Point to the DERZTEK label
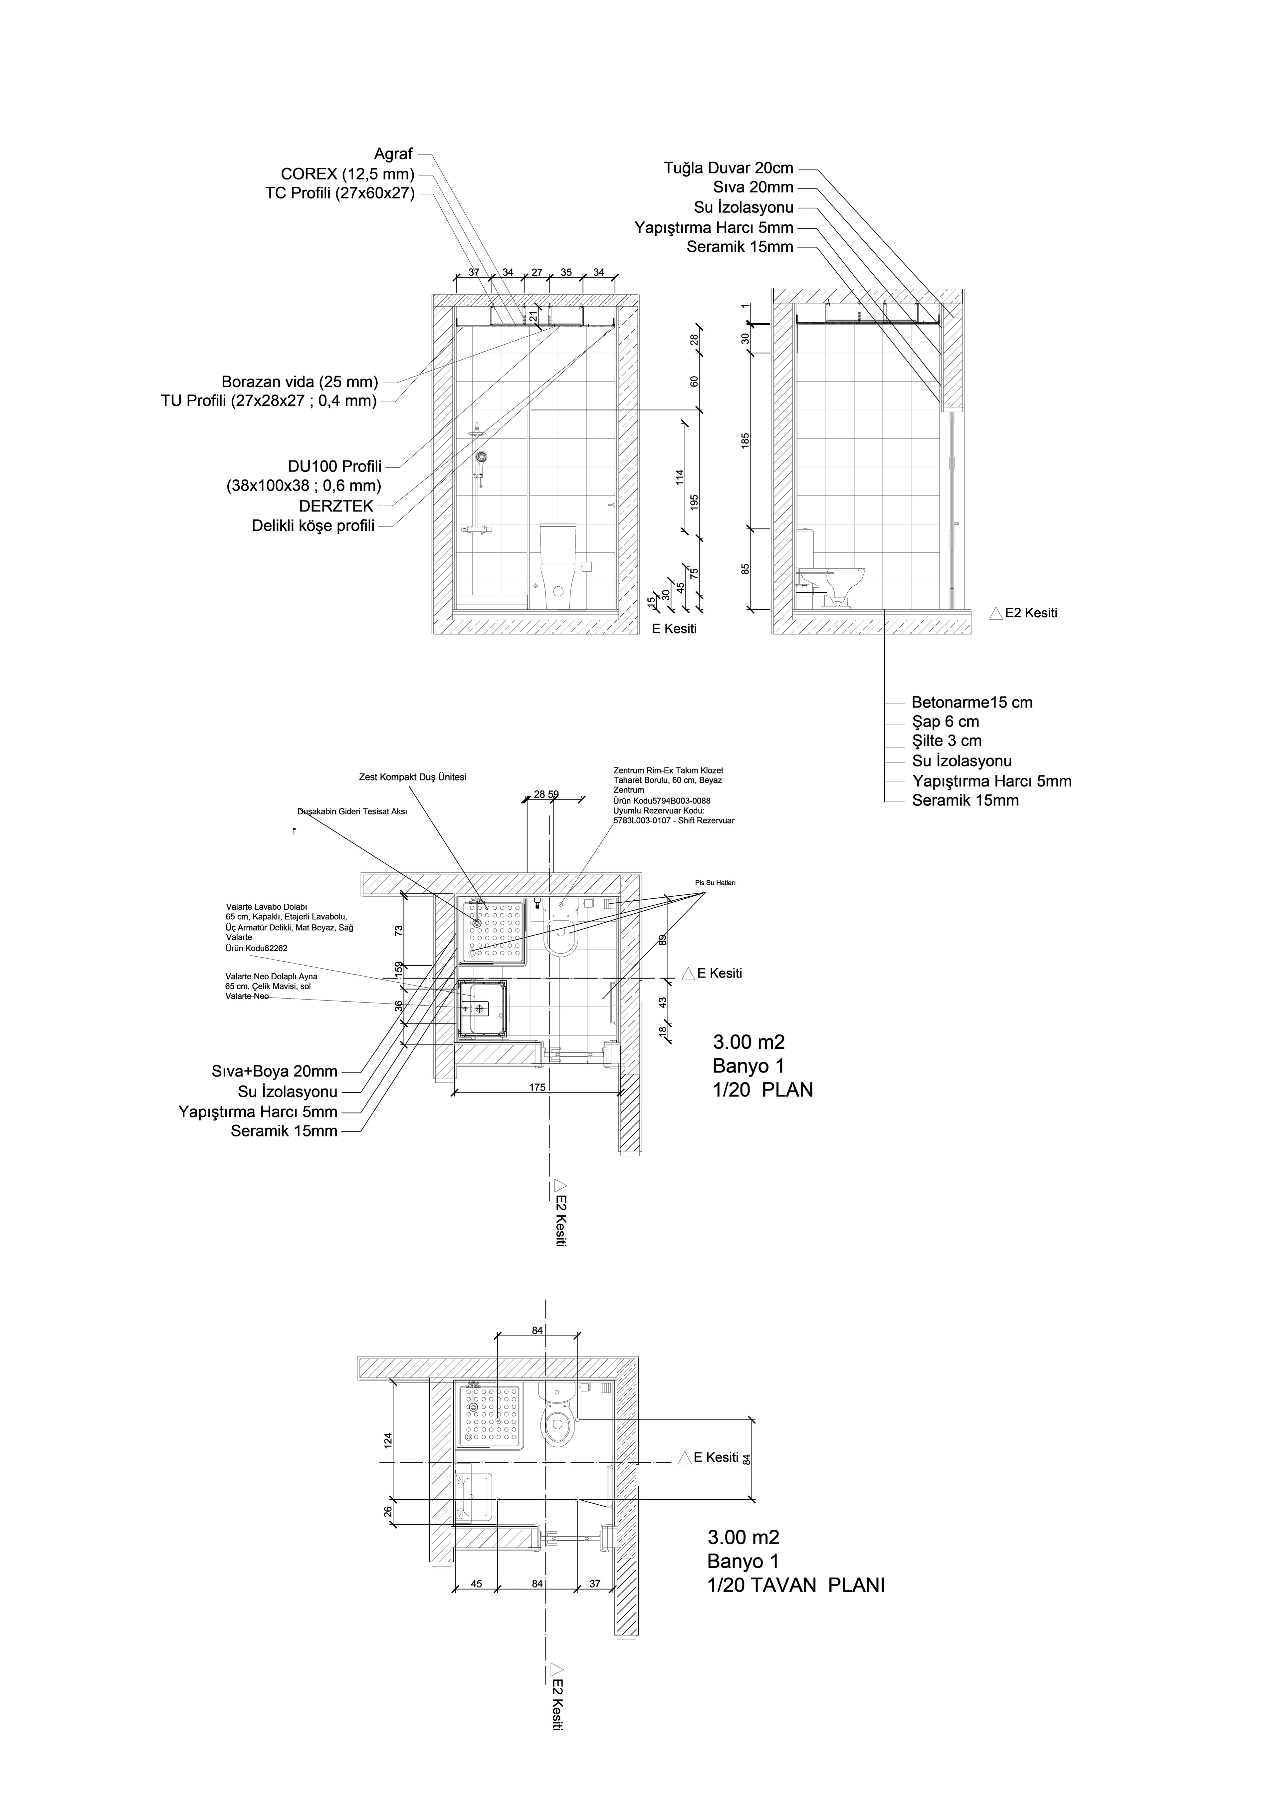pyautogui.click(x=336, y=506)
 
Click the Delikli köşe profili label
pyautogui.click(x=313, y=526)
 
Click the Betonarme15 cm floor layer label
pyautogui.click(x=972, y=702)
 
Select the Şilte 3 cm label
pyautogui.click(x=947, y=741)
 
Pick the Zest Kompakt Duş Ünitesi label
pyautogui.click(x=412, y=777)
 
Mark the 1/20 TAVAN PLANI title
pyautogui.click(x=796, y=1584)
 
